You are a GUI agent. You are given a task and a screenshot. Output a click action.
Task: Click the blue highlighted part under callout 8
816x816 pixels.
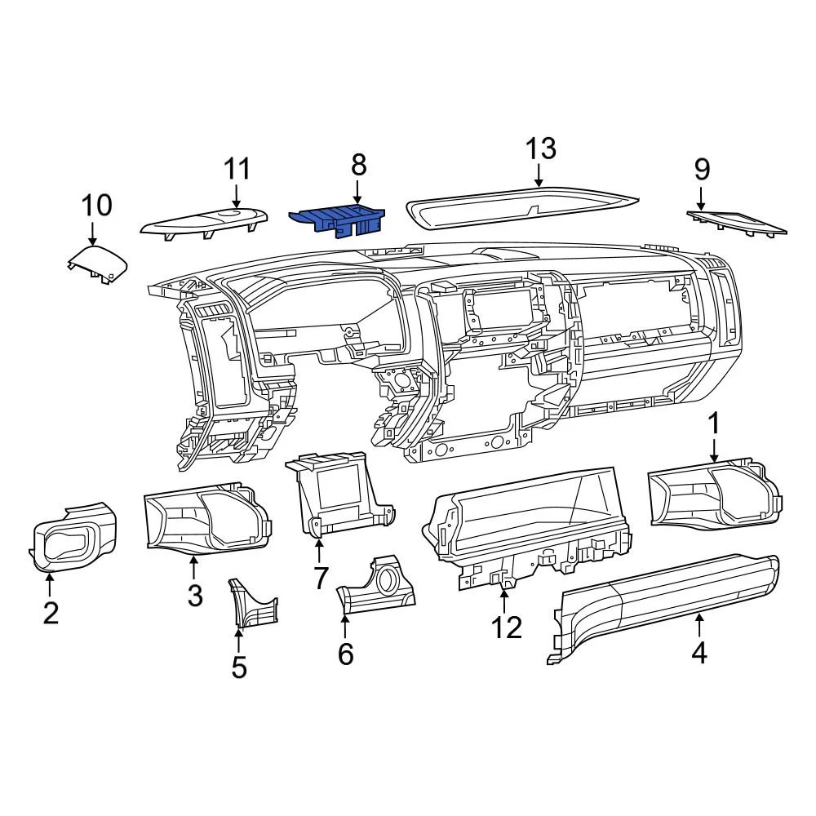click(x=337, y=219)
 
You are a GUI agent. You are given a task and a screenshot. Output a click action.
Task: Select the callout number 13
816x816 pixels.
click(x=539, y=149)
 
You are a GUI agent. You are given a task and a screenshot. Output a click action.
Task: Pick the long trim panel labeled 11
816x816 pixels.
click(x=204, y=222)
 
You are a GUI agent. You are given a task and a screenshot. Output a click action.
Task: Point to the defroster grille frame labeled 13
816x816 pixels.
click(x=522, y=210)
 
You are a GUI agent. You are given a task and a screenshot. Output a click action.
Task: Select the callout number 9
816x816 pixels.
click(x=702, y=169)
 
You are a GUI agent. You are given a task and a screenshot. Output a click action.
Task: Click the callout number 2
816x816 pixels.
click(x=51, y=612)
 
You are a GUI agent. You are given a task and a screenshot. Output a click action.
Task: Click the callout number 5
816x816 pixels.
click(x=238, y=667)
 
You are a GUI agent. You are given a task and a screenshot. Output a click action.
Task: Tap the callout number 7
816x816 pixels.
click(x=320, y=578)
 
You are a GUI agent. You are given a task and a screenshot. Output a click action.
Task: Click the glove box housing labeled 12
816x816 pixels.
click(x=526, y=522)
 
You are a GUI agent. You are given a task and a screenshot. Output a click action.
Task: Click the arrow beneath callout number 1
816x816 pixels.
click(x=714, y=450)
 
